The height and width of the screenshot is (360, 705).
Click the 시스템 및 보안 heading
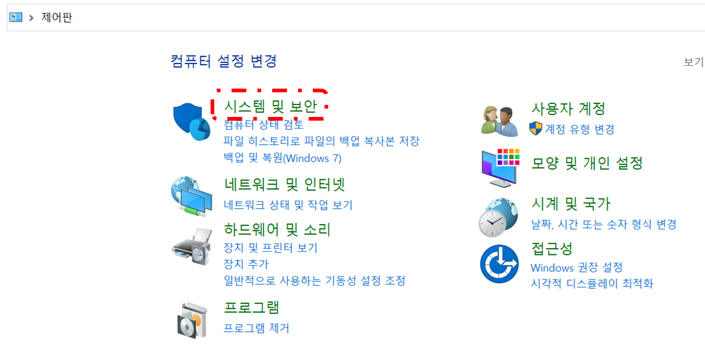(x=270, y=107)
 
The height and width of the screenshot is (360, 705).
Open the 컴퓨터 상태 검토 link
(x=264, y=125)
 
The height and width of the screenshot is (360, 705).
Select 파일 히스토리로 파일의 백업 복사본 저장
(x=321, y=141)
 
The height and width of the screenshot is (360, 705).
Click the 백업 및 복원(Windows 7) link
(x=282, y=158)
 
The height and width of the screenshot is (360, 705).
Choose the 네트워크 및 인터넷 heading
(x=284, y=184)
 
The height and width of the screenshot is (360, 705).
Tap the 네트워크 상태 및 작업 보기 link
(x=288, y=205)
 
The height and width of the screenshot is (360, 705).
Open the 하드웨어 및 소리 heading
(x=277, y=230)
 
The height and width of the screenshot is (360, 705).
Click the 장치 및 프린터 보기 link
(x=270, y=248)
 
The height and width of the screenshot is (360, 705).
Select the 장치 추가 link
(x=246, y=264)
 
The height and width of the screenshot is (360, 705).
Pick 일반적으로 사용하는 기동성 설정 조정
(x=314, y=281)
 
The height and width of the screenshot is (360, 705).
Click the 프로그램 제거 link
(x=256, y=328)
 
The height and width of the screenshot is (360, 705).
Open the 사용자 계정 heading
(x=568, y=109)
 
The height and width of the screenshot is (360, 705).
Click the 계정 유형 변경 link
(x=579, y=129)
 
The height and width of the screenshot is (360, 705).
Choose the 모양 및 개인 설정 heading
(x=587, y=163)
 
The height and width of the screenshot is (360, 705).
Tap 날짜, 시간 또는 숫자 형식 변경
(x=603, y=224)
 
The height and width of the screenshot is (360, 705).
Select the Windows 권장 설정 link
(x=576, y=268)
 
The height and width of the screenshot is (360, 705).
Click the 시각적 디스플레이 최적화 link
(x=592, y=284)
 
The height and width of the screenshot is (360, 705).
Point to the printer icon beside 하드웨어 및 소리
(x=191, y=247)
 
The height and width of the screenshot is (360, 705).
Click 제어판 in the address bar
(x=57, y=17)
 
